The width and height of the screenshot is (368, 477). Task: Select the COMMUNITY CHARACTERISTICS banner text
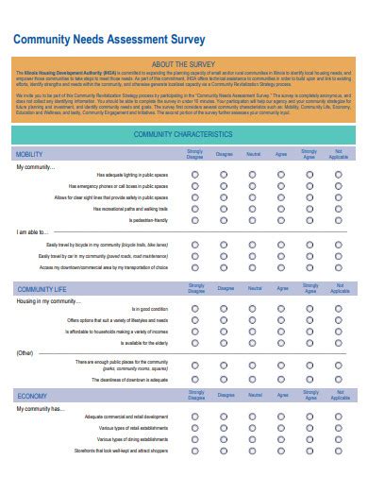pos(183,135)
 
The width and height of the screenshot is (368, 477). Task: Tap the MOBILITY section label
pos(29,153)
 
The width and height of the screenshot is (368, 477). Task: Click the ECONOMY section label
pos(32,396)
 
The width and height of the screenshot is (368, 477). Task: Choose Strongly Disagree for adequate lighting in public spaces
pos(194,175)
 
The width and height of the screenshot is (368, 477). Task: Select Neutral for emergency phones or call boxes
pos(252,186)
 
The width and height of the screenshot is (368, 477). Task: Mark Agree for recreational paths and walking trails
pos(281,209)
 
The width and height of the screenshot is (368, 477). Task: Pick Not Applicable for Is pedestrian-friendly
pos(338,220)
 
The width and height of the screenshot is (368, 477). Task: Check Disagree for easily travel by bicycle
pos(224,245)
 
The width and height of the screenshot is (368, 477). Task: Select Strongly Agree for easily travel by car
pos(309,256)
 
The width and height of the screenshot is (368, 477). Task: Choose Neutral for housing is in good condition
pos(252,309)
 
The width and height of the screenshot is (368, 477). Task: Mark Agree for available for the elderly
pos(281,343)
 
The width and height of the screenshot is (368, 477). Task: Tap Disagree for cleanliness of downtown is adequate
pos(224,379)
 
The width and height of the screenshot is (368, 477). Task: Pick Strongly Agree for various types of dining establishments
pos(309,439)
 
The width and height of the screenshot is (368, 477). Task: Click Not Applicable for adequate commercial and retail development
pos(338,417)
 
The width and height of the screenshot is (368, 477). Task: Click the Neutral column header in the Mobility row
pos(252,153)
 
